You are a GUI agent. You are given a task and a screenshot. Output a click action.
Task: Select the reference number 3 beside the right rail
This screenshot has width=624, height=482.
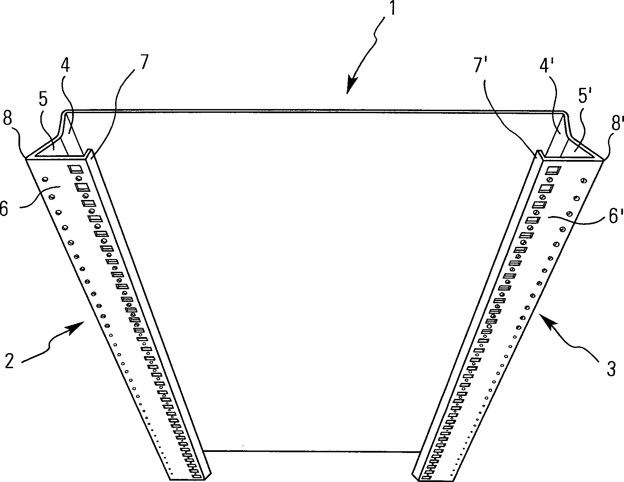[611, 369]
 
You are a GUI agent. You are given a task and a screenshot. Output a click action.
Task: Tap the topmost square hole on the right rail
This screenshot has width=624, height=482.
[553, 170]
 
